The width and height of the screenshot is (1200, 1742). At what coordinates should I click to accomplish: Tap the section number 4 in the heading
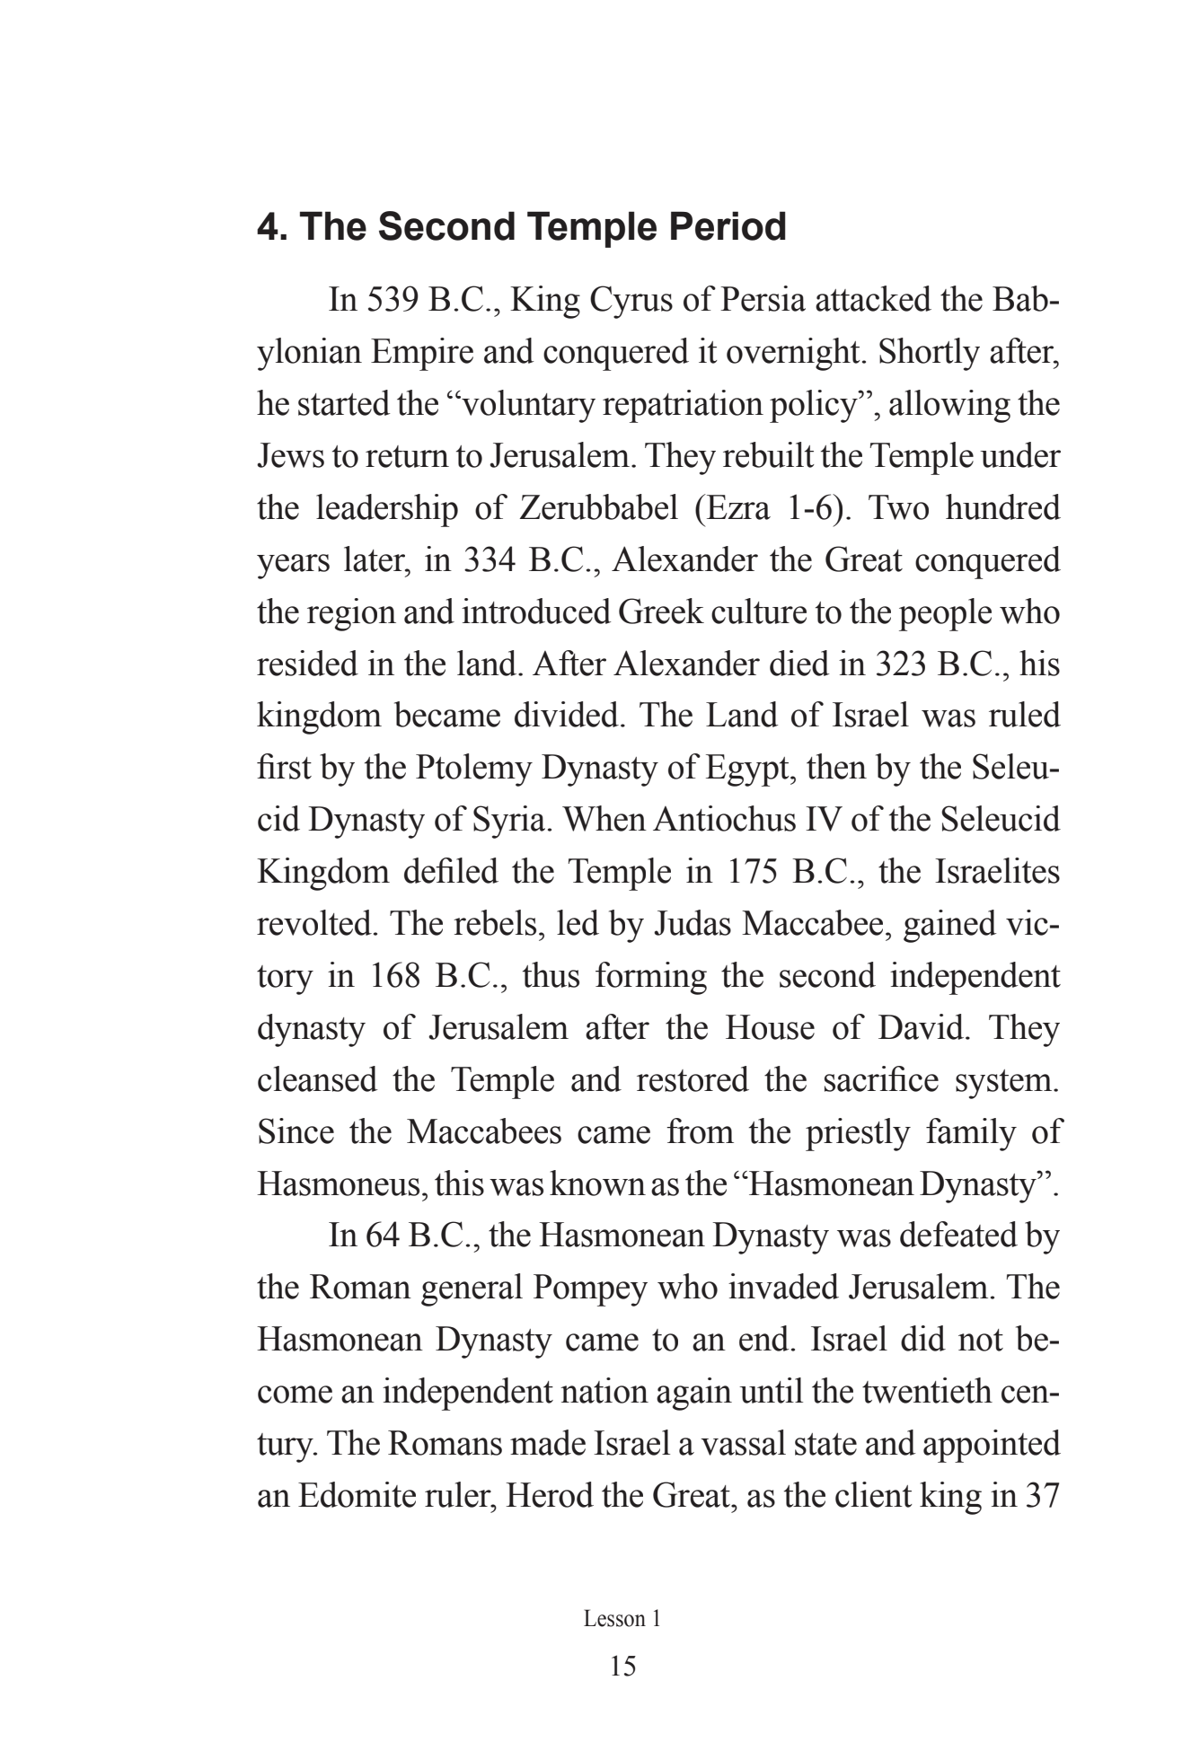pos(267,227)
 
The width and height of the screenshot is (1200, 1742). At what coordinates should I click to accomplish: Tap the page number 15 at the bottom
pos(622,1667)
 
